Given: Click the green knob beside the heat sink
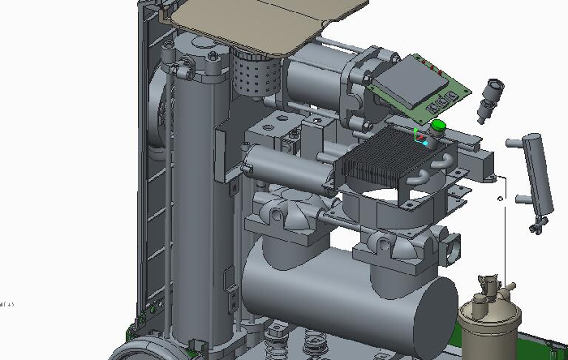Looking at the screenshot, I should click(x=438, y=126).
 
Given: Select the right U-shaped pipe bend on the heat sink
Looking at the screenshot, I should click(x=443, y=162).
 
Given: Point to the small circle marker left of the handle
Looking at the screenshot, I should click(x=501, y=198).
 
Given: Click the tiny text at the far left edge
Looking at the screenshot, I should click(x=7, y=304).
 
